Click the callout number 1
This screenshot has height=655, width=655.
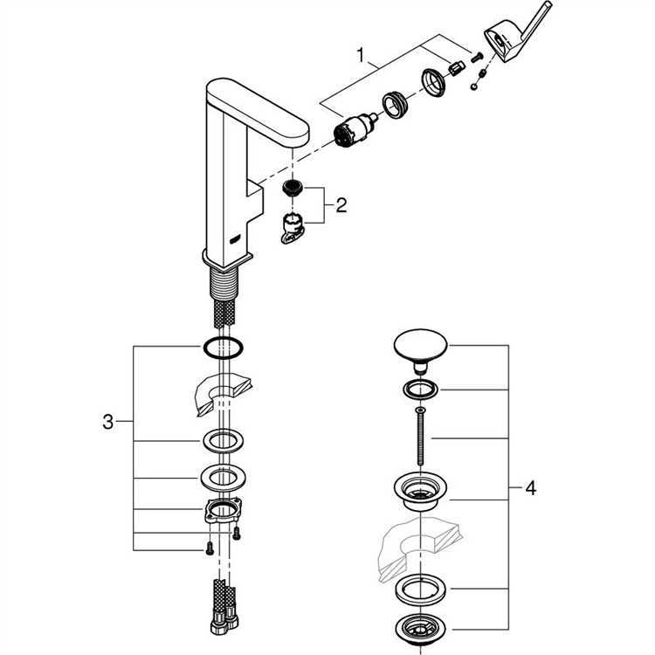(x=361, y=55)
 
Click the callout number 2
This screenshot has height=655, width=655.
(x=341, y=205)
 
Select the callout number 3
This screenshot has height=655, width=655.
(x=107, y=422)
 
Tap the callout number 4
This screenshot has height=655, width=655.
(x=530, y=488)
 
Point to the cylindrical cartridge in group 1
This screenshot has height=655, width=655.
(x=355, y=130)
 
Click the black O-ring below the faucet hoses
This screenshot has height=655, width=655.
(x=224, y=347)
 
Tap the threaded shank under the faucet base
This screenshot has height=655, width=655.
(x=224, y=282)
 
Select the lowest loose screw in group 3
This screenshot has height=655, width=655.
(x=210, y=549)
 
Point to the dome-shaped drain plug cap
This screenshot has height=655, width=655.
(x=420, y=350)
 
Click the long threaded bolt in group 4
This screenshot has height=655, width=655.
(x=420, y=436)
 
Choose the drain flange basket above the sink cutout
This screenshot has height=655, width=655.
(x=420, y=490)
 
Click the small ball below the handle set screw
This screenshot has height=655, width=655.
(x=473, y=86)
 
